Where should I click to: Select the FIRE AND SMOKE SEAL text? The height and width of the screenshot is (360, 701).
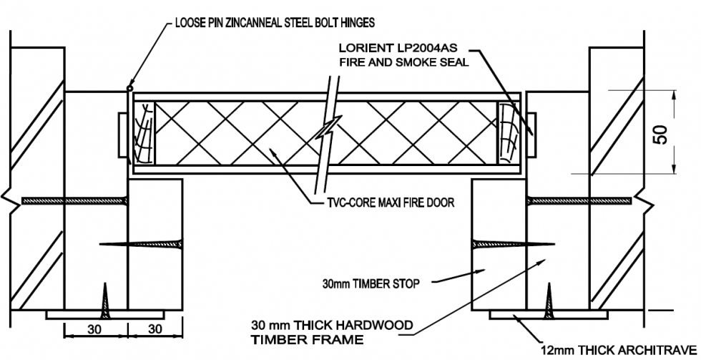(403, 62)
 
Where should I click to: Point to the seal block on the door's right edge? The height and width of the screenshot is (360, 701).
(531, 134)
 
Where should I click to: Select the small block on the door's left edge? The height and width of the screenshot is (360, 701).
(119, 134)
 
